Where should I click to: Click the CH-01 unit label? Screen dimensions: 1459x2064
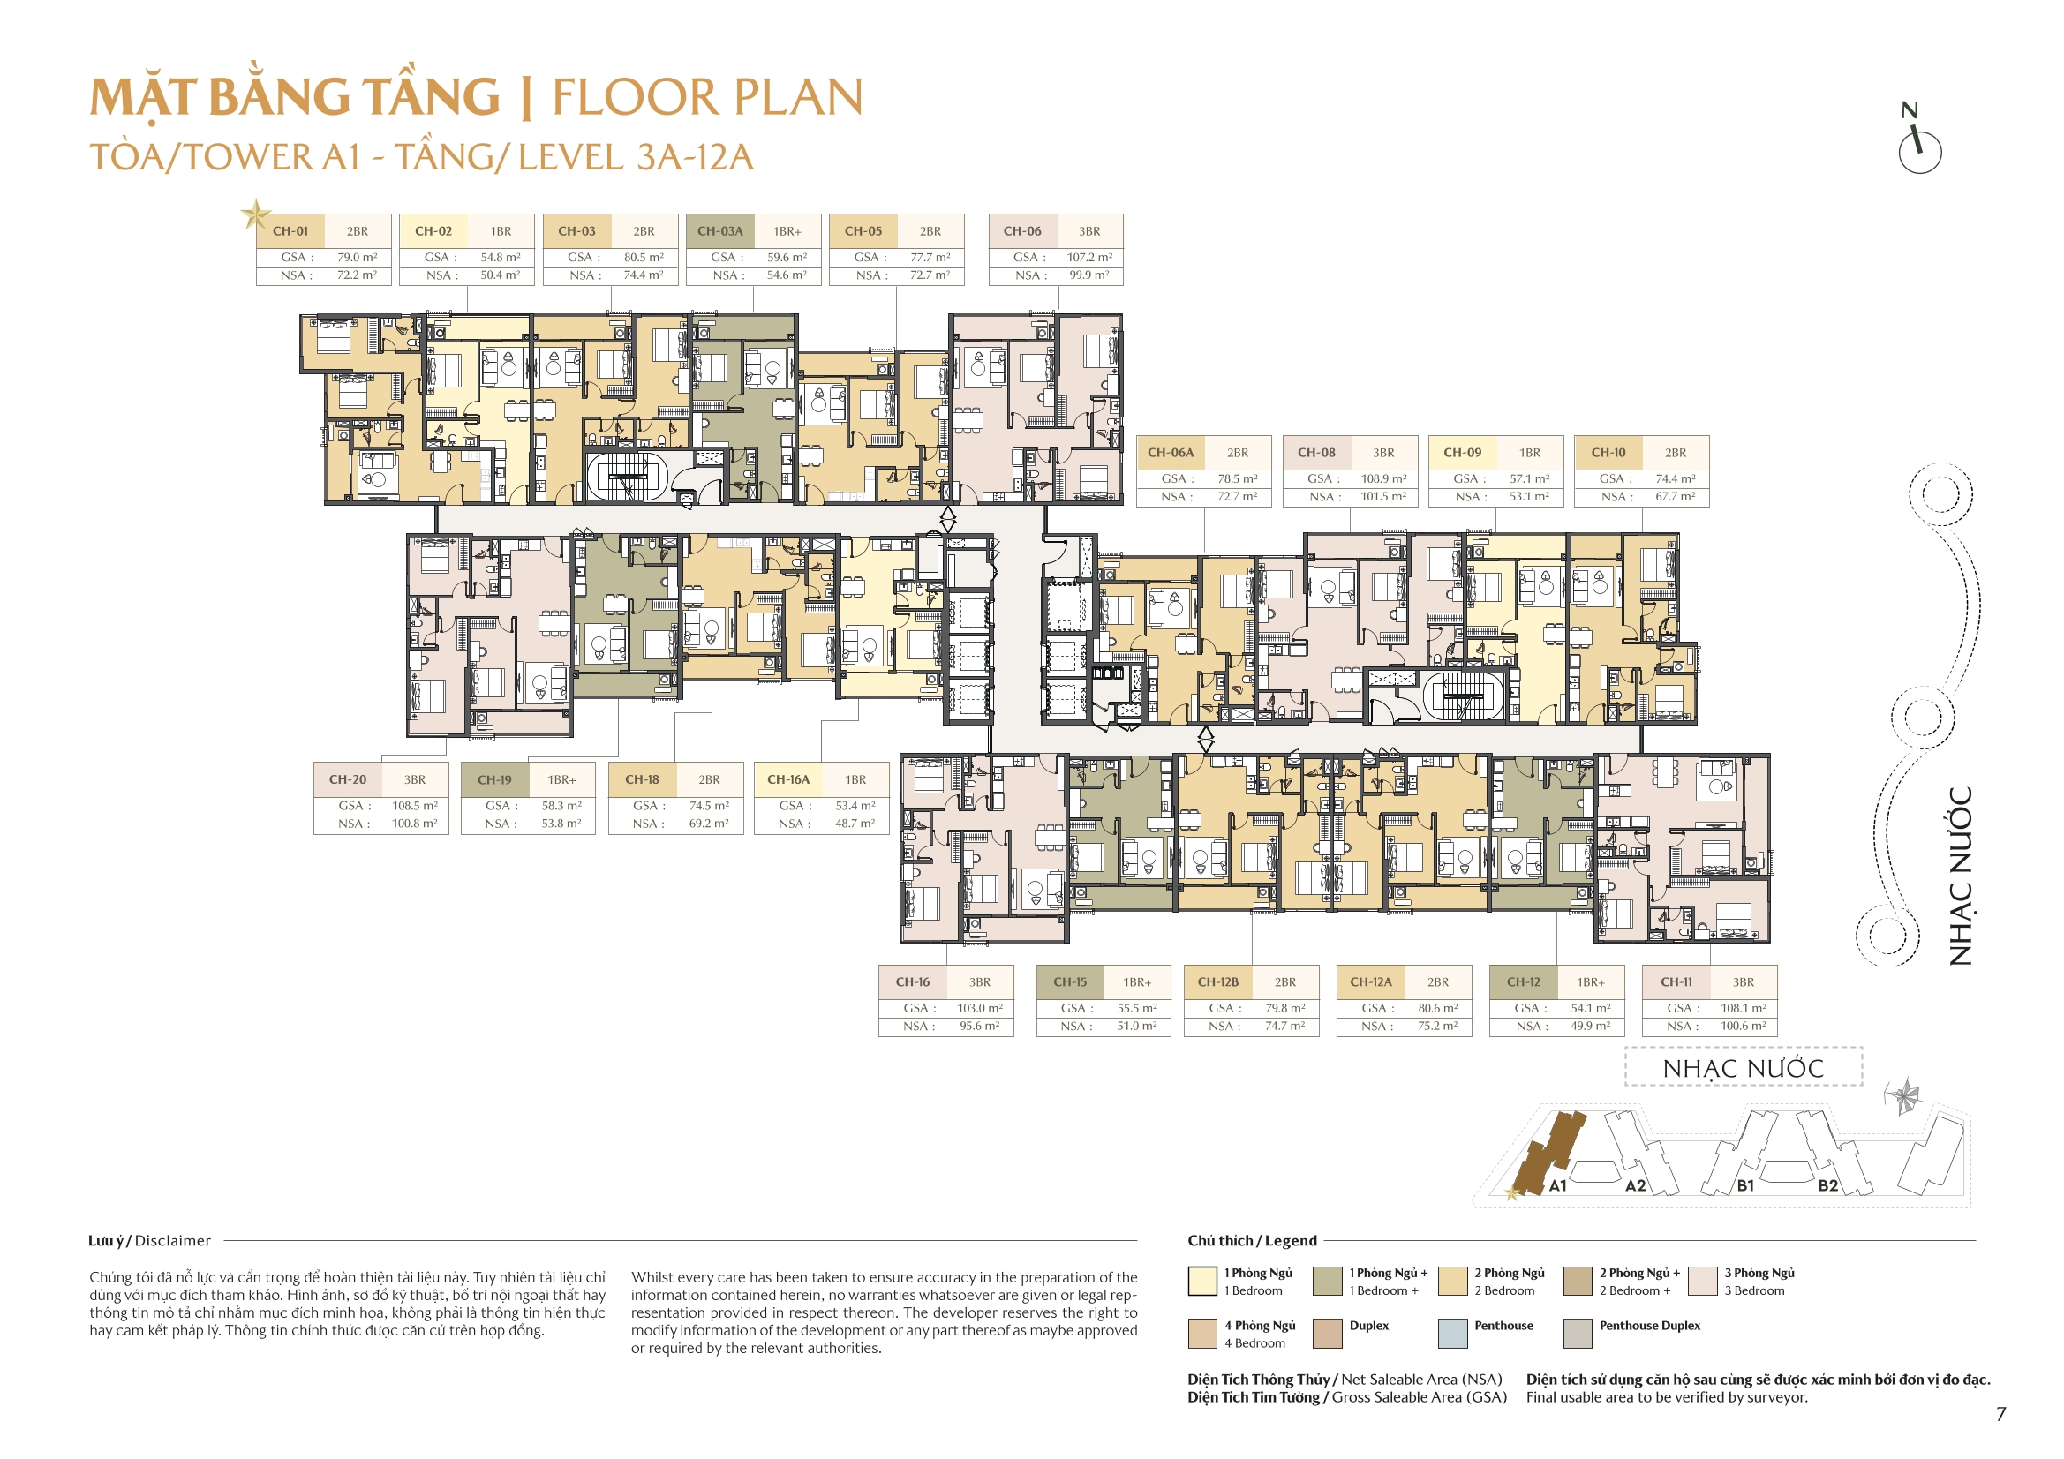tap(290, 231)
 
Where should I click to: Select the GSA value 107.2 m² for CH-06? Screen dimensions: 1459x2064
tap(1089, 257)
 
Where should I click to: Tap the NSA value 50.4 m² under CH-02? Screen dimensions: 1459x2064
tap(500, 275)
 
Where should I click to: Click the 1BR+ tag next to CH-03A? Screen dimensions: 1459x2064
tap(787, 231)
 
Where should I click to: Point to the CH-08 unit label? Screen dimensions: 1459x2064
tap(1316, 453)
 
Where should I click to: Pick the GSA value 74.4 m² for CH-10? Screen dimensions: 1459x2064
tap(1676, 479)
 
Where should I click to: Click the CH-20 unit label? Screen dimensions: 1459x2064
tap(347, 780)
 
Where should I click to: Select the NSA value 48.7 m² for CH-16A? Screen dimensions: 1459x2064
tap(855, 824)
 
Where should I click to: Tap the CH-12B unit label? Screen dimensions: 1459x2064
tap(1218, 982)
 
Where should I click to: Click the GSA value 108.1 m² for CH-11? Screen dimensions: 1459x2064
tap(1743, 1009)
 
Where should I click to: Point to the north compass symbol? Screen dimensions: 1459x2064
tap(1919, 144)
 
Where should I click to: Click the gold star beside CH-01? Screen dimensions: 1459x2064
tap(255, 214)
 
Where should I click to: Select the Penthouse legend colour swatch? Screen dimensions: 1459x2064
tap(1453, 1333)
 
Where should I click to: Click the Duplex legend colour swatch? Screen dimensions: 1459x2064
tap(1328, 1333)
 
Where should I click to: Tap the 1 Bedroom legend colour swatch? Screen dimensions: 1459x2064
tap(1201, 1281)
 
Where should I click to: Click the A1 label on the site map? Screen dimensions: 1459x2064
tap(1558, 1185)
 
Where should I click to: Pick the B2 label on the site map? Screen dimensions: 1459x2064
tap(1828, 1185)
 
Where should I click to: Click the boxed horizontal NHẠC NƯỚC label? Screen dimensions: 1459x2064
tap(1743, 1068)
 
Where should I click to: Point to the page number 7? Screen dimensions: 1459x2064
tap(2001, 1414)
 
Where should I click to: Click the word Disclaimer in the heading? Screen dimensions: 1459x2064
tap(173, 1241)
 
